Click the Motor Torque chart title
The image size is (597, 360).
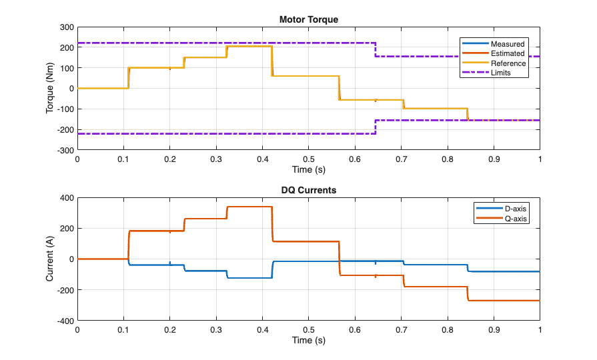308,19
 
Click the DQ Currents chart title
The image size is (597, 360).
308,190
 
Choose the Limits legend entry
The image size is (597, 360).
500,73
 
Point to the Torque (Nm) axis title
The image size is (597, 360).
50,89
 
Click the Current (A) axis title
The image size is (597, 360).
50,259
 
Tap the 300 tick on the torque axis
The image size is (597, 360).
66,27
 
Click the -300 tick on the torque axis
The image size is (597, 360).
65,151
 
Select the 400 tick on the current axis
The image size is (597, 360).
66,197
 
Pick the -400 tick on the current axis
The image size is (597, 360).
65,321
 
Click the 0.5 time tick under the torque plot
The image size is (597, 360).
308,160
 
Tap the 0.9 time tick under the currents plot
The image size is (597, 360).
494,330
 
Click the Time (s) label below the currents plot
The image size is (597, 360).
308,341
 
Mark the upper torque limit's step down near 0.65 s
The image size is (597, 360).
376,50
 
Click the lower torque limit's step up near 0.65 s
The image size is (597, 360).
376,127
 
